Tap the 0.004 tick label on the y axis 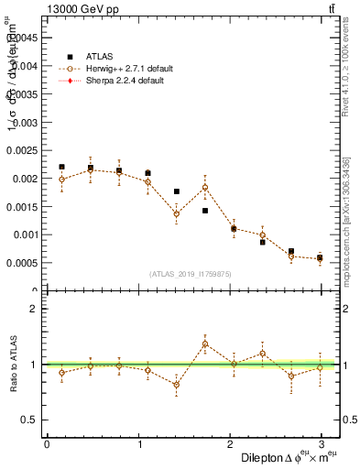pos(22,66)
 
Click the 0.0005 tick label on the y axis pos(20,262)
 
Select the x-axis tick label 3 pos(322,444)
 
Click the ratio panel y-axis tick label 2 pos(32,309)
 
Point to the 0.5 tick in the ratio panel pos(27,420)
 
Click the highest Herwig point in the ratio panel pos(205,344)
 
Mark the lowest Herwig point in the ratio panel pos(176,385)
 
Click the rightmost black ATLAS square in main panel pos(320,257)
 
